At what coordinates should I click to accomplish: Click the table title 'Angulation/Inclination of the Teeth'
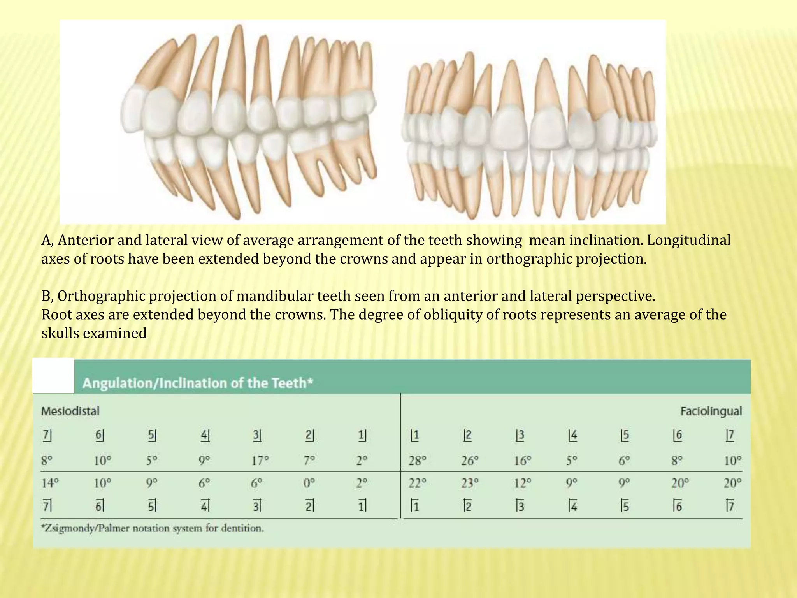click(198, 383)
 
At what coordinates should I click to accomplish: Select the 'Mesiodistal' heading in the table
click(70, 411)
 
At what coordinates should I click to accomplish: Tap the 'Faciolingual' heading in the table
click(711, 411)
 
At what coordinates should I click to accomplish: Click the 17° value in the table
click(260, 461)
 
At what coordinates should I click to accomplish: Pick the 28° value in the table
click(417, 461)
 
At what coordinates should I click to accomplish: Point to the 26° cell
click(470, 461)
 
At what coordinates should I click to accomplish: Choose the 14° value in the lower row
click(50, 484)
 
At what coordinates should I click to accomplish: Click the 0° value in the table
click(309, 484)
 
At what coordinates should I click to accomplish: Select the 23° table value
click(470, 484)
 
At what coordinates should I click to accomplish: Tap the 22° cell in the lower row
click(417, 484)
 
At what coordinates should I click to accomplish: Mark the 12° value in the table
click(522, 484)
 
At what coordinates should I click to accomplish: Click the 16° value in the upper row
click(522, 461)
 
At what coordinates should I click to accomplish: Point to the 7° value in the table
click(309, 461)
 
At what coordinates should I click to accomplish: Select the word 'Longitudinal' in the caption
click(689, 240)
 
